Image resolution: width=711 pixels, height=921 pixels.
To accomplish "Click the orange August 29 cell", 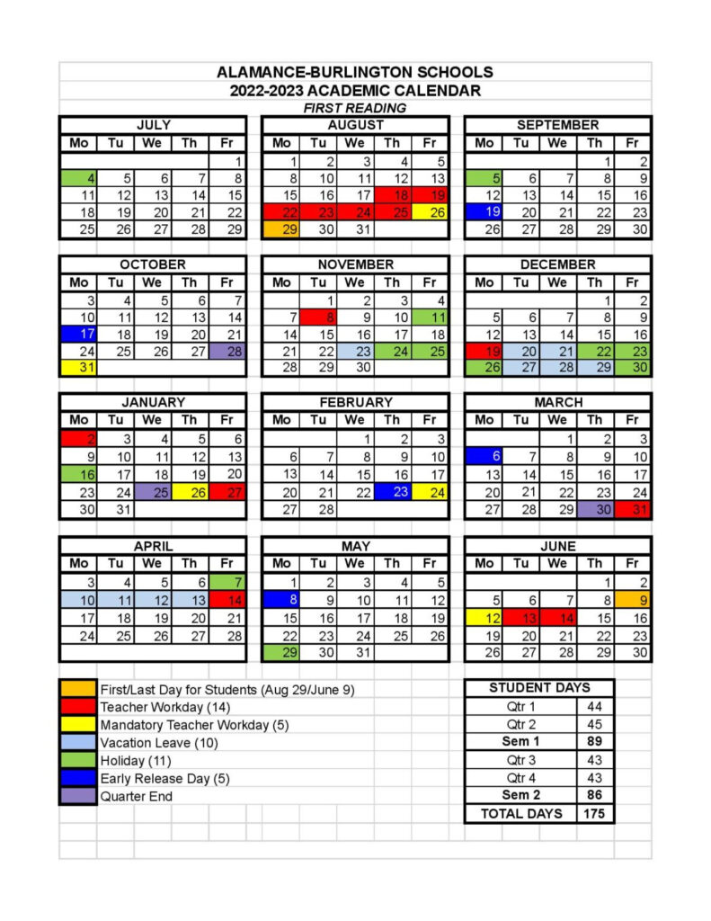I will tap(281, 229).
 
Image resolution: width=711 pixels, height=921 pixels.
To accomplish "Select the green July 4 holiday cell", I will tap(79, 178).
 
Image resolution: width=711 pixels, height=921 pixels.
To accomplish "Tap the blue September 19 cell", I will tap(484, 212).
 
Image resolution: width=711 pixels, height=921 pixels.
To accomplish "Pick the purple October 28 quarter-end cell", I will tap(227, 350).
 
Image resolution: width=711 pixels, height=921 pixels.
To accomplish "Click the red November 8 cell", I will tap(318, 316).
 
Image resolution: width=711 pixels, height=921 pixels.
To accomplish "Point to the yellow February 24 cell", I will tap(430, 492).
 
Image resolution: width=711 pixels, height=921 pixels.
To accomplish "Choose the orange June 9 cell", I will tap(632, 599).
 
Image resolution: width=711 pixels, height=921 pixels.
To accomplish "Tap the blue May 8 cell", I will tap(281, 599).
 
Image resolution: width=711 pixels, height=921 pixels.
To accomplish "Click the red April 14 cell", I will tap(227, 599).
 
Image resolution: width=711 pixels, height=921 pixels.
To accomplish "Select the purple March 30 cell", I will tap(595, 509).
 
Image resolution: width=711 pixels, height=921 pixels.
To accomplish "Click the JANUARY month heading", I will tap(153, 402).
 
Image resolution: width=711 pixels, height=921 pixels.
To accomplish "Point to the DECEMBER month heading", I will tap(557, 264).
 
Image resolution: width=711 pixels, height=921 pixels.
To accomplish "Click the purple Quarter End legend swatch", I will tap(78, 796).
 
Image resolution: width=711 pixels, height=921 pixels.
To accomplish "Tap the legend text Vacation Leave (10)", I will tap(159, 743).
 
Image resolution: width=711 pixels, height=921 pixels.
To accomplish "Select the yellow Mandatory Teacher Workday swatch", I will tap(78, 725).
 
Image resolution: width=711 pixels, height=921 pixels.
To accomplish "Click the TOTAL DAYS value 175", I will tap(594, 813).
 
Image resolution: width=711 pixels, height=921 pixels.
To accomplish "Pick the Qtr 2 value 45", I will tap(594, 724).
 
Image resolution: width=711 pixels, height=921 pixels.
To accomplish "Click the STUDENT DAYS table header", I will tap(539, 688).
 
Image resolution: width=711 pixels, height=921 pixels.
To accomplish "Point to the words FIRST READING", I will tap(355, 108).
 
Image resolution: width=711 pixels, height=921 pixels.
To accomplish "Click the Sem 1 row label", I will tap(520, 742).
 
